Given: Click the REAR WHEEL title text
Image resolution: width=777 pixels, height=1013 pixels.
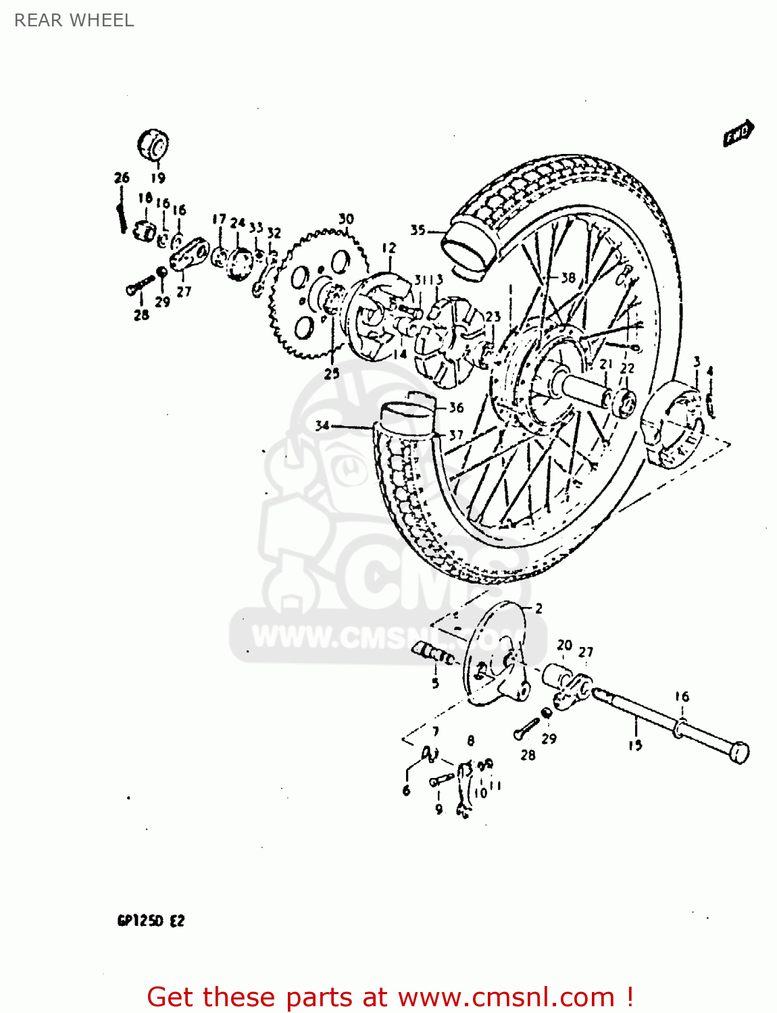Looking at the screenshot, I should [x=74, y=20].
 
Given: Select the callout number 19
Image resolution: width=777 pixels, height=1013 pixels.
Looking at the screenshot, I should [x=157, y=178].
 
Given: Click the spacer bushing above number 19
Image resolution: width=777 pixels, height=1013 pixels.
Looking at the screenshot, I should [x=153, y=144].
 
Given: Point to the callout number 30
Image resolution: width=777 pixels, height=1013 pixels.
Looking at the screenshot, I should [x=346, y=219].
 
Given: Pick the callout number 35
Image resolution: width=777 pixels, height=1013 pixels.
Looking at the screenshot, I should [x=418, y=230].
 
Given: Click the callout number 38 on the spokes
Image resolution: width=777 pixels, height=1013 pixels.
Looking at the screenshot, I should [x=568, y=278].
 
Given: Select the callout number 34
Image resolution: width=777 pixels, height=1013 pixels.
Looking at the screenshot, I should [x=322, y=425].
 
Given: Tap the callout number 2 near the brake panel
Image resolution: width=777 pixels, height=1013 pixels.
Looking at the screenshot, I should [x=538, y=608].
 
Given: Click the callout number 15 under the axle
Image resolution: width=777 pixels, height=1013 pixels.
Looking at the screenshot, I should [x=635, y=746].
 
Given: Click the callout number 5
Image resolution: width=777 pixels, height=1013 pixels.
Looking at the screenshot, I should [x=435, y=683].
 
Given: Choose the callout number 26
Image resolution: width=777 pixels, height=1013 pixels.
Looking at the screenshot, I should [x=122, y=178].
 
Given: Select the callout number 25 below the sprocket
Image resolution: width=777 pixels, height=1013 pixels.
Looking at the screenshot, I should [x=332, y=373].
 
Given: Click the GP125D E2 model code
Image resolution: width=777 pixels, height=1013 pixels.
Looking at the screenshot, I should [x=151, y=921].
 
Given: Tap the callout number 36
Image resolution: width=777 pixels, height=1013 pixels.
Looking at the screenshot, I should [x=456, y=407].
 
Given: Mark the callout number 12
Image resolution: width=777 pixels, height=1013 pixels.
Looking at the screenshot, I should [x=389, y=248].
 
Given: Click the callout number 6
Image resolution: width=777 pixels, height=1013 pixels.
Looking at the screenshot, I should [x=406, y=790].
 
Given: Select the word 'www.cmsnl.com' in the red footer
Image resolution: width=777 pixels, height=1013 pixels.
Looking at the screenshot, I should [x=506, y=997].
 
